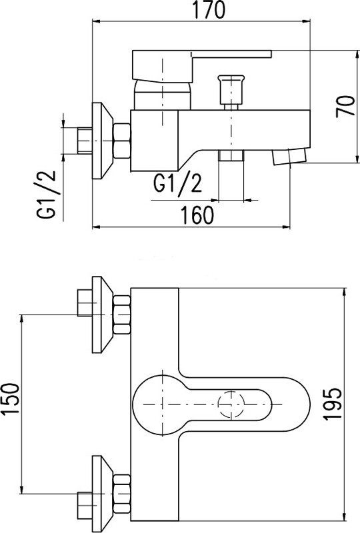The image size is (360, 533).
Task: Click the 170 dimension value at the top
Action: (x=209, y=10)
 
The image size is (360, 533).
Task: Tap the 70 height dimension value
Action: (x=345, y=107)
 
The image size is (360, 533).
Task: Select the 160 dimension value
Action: (x=197, y=215)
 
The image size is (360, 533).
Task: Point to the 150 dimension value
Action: (x=10, y=399)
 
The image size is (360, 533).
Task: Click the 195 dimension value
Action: (x=332, y=404)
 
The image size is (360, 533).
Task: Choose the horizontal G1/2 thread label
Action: (x=177, y=183)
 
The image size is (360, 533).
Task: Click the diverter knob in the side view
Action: (x=231, y=90)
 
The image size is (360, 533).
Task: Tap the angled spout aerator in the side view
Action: (x=289, y=157)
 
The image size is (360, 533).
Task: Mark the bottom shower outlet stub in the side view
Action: (x=231, y=156)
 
